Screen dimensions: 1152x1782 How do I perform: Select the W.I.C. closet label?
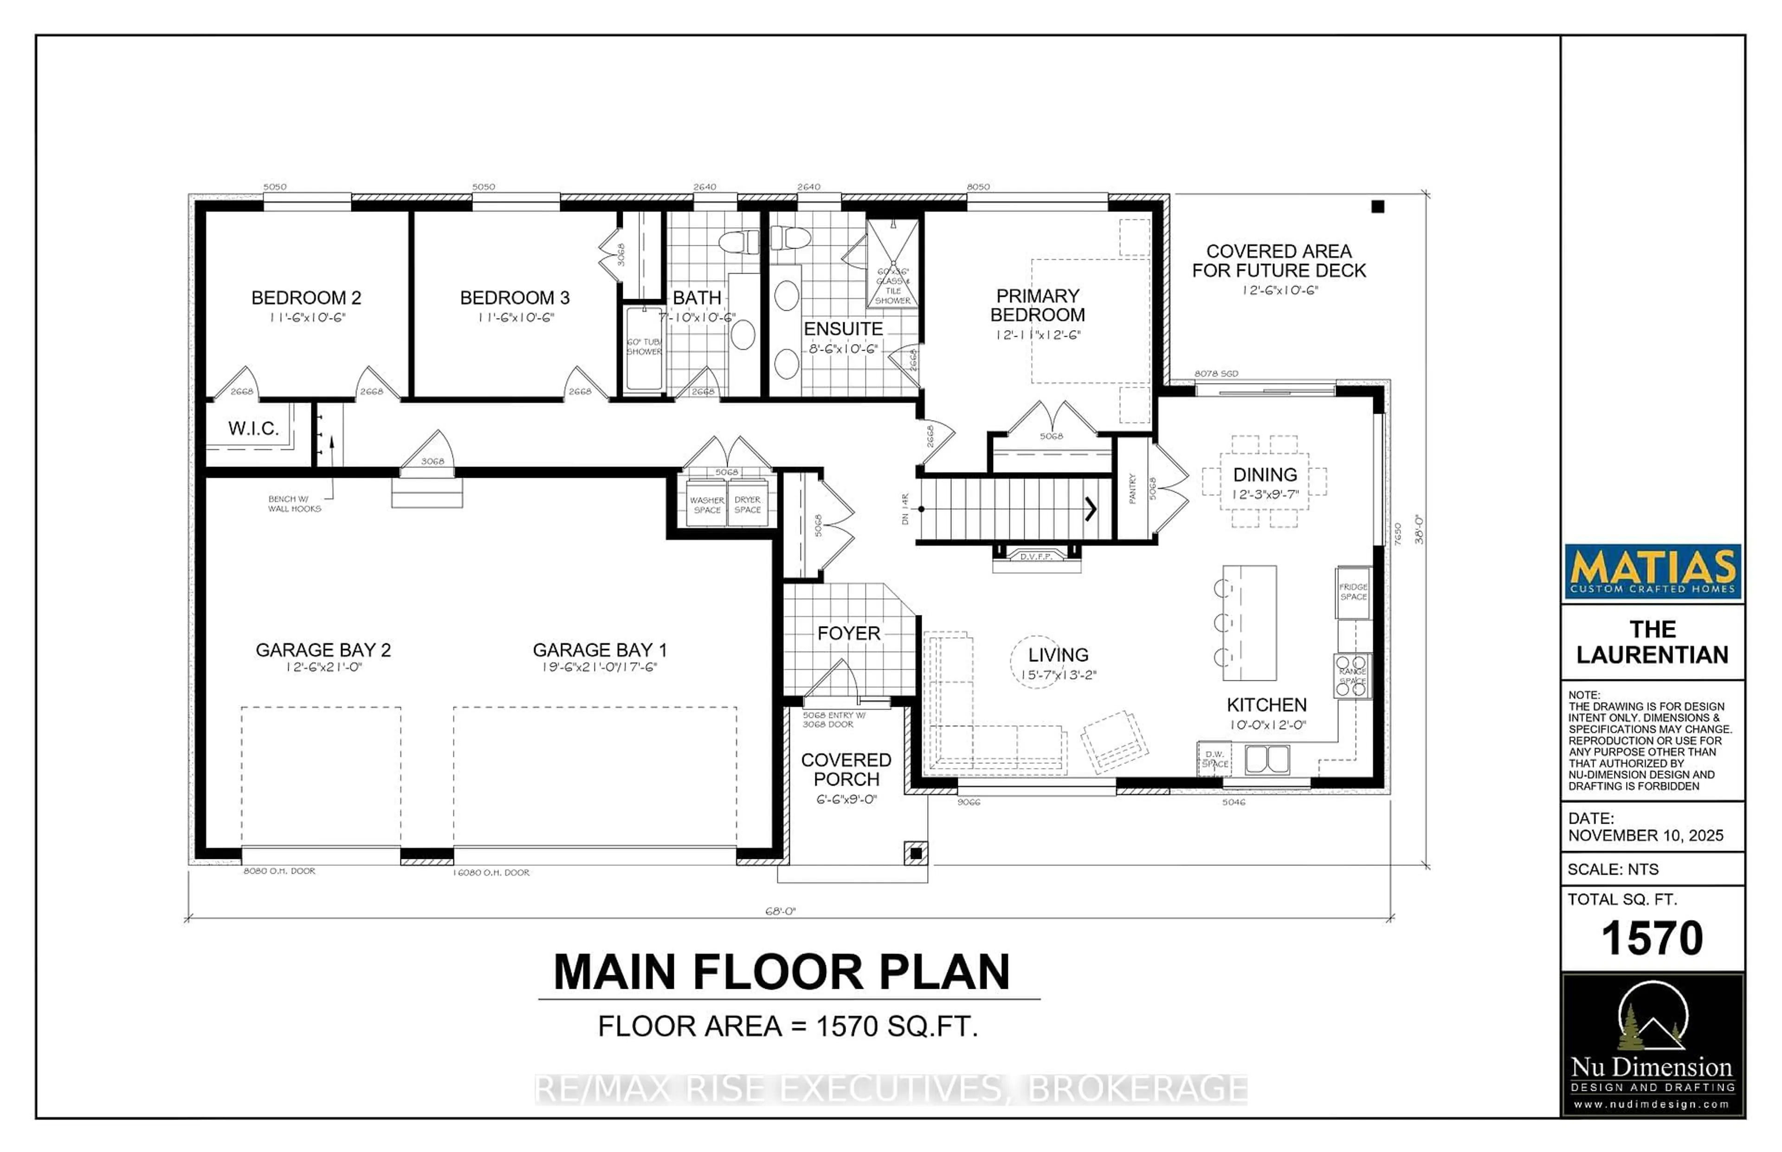point(253,429)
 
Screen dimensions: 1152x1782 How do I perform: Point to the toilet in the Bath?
point(738,242)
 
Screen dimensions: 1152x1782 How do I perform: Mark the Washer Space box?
point(706,505)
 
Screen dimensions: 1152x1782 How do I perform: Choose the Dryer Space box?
point(747,505)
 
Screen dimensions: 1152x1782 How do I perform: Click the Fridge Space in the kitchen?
point(1353,592)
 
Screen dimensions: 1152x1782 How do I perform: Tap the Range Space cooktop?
point(1352,676)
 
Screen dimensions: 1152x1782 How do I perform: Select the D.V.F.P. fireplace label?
point(1036,557)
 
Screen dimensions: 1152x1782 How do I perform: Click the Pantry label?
point(1132,488)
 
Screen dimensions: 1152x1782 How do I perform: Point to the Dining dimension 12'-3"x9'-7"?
point(1265,494)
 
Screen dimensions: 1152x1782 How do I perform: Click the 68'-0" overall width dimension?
point(780,911)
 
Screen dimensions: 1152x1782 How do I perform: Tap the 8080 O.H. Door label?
point(279,871)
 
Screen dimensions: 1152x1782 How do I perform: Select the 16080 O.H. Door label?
point(491,872)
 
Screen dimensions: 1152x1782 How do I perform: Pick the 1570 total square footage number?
point(1651,938)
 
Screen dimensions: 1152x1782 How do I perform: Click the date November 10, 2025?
point(1645,836)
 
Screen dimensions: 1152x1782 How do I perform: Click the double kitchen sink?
point(1266,759)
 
